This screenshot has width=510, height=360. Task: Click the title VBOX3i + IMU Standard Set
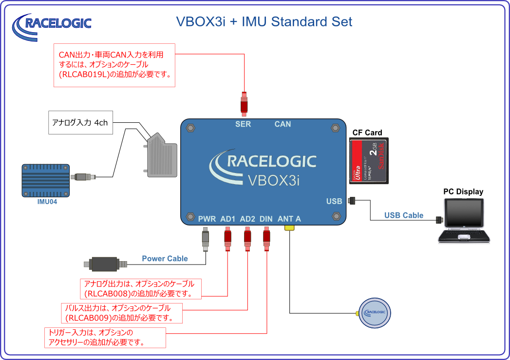point(264,21)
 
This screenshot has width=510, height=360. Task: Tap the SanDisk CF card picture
point(369,161)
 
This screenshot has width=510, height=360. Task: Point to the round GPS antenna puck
point(374,312)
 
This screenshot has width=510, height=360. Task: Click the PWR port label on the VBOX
point(207,219)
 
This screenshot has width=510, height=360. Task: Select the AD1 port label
point(228,219)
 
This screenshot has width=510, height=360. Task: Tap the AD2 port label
point(247,219)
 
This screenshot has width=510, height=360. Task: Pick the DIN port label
point(266,219)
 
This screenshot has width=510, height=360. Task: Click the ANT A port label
point(289,219)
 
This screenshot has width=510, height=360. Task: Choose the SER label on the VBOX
point(243,124)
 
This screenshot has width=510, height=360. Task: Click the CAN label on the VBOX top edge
point(283,124)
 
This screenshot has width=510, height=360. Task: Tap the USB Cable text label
point(404,215)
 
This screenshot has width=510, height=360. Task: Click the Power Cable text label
point(165,259)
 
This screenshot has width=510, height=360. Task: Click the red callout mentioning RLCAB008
point(141,289)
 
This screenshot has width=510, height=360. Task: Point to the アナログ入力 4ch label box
point(80,123)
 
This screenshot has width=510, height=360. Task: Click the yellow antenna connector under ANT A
point(289,227)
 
